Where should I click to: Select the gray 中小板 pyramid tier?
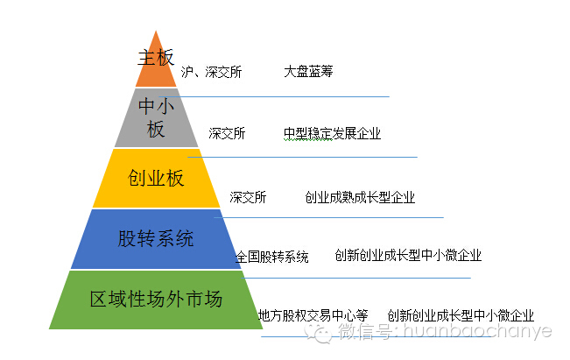point(157,117)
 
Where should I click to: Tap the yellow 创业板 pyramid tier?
point(157,179)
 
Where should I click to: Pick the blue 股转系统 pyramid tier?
point(156,238)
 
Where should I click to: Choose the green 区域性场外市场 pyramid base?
point(156,300)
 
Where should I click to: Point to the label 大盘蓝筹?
point(308,71)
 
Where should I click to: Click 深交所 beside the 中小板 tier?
point(227,134)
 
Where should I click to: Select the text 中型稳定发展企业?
point(332,134)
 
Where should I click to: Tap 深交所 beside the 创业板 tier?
point(248,198)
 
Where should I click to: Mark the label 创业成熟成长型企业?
point(360,198)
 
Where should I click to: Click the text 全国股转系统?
point(271,258)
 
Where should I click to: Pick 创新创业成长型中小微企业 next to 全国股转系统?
point(408,256)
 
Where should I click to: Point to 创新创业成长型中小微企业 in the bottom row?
point(461,315)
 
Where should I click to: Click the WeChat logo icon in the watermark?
point(324,334)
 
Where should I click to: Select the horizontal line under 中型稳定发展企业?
point(306,157)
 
